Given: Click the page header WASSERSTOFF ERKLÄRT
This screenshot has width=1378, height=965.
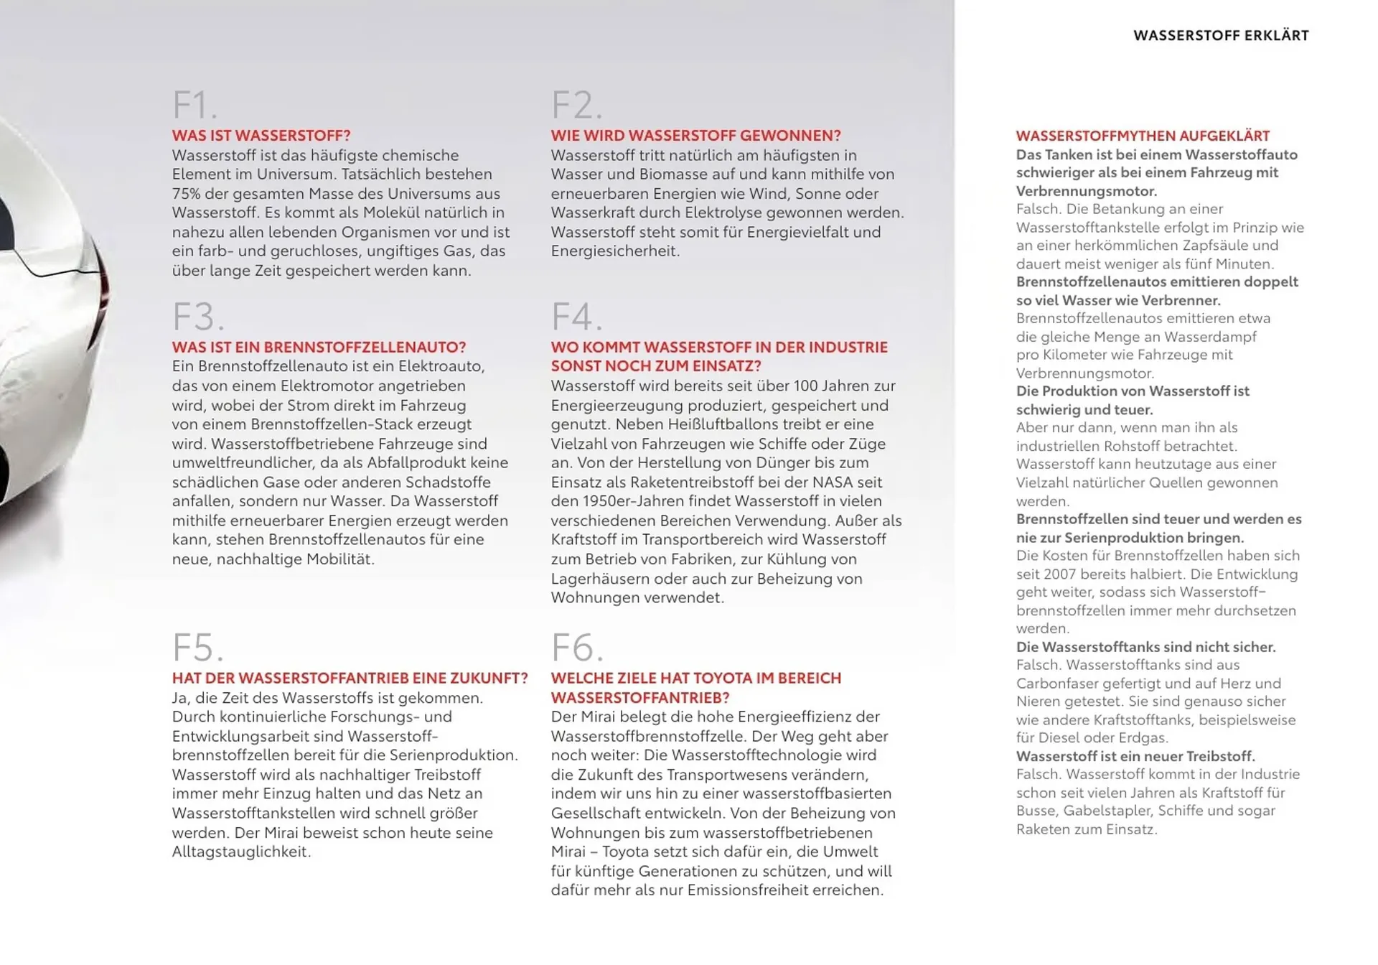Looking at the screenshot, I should [x=1221, y=35].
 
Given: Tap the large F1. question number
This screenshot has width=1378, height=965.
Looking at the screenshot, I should [x=194, y=106].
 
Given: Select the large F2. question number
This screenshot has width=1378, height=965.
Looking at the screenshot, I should [x=576, y=106].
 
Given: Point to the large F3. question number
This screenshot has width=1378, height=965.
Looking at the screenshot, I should [x=198, y=317].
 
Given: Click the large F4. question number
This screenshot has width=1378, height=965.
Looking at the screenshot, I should [x=576, y=317].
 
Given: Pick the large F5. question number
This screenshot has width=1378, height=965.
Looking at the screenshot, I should [x=198, y=648].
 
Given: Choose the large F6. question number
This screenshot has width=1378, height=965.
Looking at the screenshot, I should [x=577, y=648].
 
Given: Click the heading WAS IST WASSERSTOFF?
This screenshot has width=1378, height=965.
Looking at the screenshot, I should [x=261, y=136].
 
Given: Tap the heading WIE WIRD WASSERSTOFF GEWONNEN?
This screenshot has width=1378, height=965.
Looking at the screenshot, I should [x=695, y=136].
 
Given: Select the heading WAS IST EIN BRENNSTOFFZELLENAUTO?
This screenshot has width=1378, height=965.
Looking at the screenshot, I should [x=319, y=348].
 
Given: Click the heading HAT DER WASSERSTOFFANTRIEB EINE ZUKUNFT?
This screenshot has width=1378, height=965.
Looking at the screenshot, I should [x=350, y=679].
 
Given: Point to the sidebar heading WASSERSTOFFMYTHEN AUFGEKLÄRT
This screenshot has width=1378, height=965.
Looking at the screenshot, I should [x=1143, y=136].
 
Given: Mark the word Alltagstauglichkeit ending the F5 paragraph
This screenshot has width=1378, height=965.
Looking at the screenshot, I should [x=240, y=852].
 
